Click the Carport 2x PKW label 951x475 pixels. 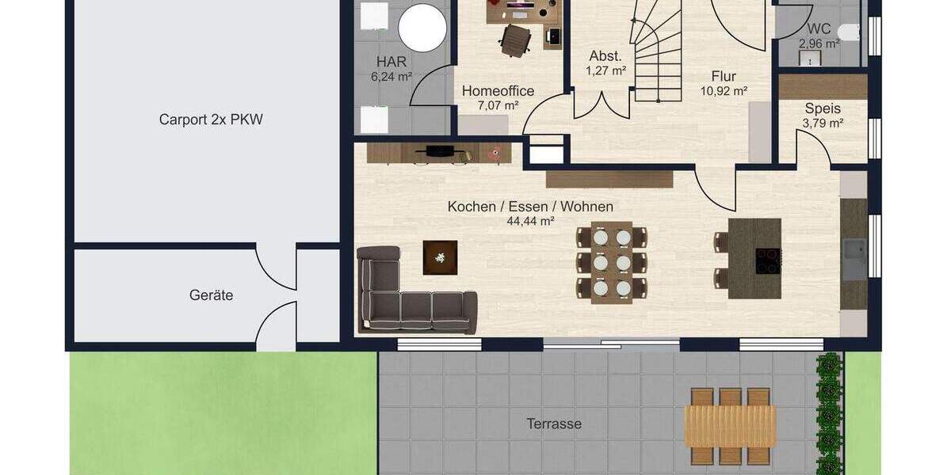coord(211,120)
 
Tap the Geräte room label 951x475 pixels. coord(211,295)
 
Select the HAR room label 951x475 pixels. coord(391,62)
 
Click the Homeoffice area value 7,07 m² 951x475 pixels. coord(498,105)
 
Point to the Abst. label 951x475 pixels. coord(605,56)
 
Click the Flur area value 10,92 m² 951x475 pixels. coord(724,91)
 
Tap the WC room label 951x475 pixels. coord(819,28)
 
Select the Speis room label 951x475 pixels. coord(823,108)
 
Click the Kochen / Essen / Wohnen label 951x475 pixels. coord(530,207)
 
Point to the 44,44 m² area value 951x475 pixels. coord(530,222)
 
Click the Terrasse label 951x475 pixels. coord(554,424)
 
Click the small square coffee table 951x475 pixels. coord(440,257)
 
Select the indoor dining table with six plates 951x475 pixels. coord(612,263)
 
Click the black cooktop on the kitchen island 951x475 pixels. coord(768,260)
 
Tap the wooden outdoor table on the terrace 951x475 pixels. coord(730,426)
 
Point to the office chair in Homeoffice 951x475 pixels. coord(516,40)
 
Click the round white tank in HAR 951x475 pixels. coord(422,27)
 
